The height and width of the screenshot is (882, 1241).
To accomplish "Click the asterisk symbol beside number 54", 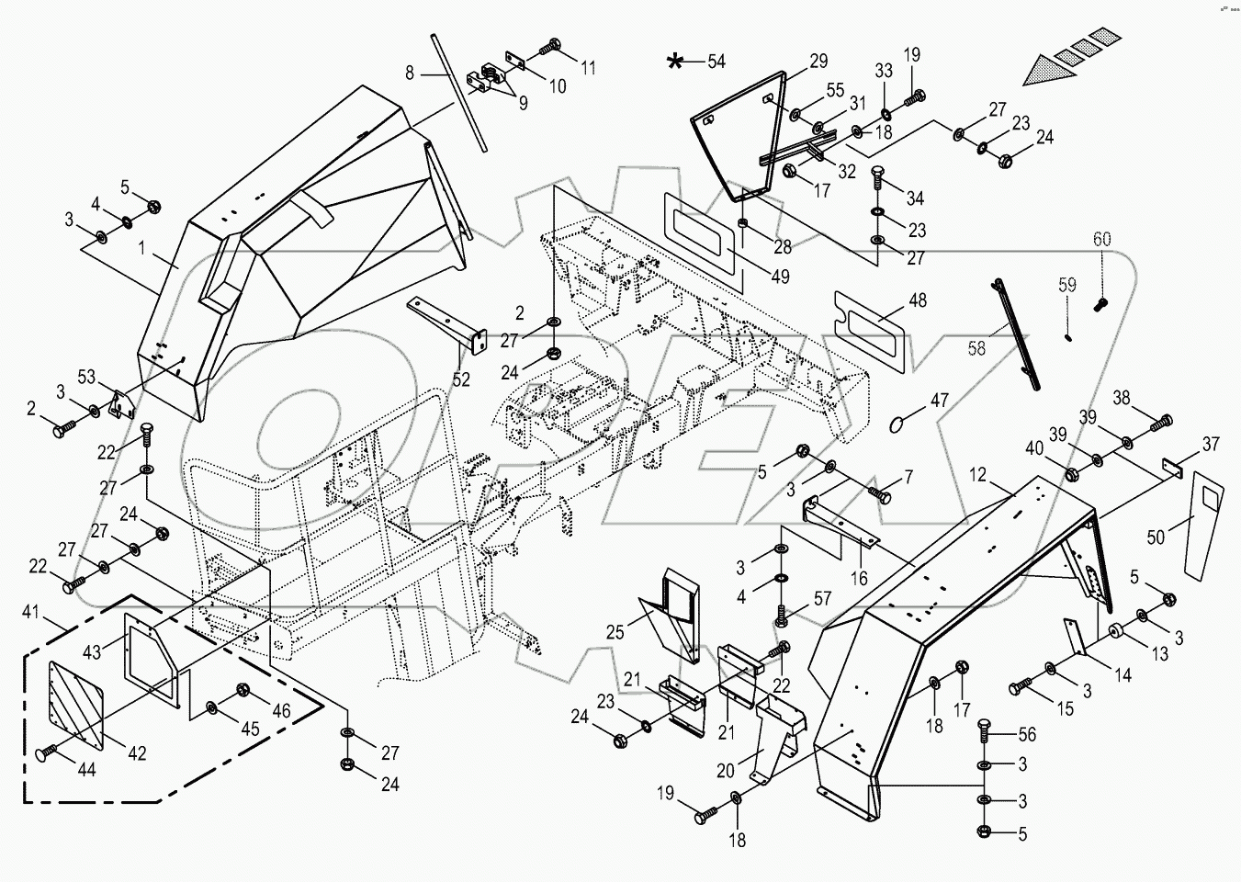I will (675, 62).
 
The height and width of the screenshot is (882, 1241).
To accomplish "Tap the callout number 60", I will (1101, 240).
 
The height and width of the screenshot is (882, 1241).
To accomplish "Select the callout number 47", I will (939, 401).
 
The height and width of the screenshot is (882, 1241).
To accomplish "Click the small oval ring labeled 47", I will (900, 424).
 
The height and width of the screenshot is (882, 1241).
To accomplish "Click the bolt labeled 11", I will (555, 45).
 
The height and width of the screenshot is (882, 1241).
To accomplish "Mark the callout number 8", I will (411, 70).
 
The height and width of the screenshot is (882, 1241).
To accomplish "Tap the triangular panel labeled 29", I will (735, 138).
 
